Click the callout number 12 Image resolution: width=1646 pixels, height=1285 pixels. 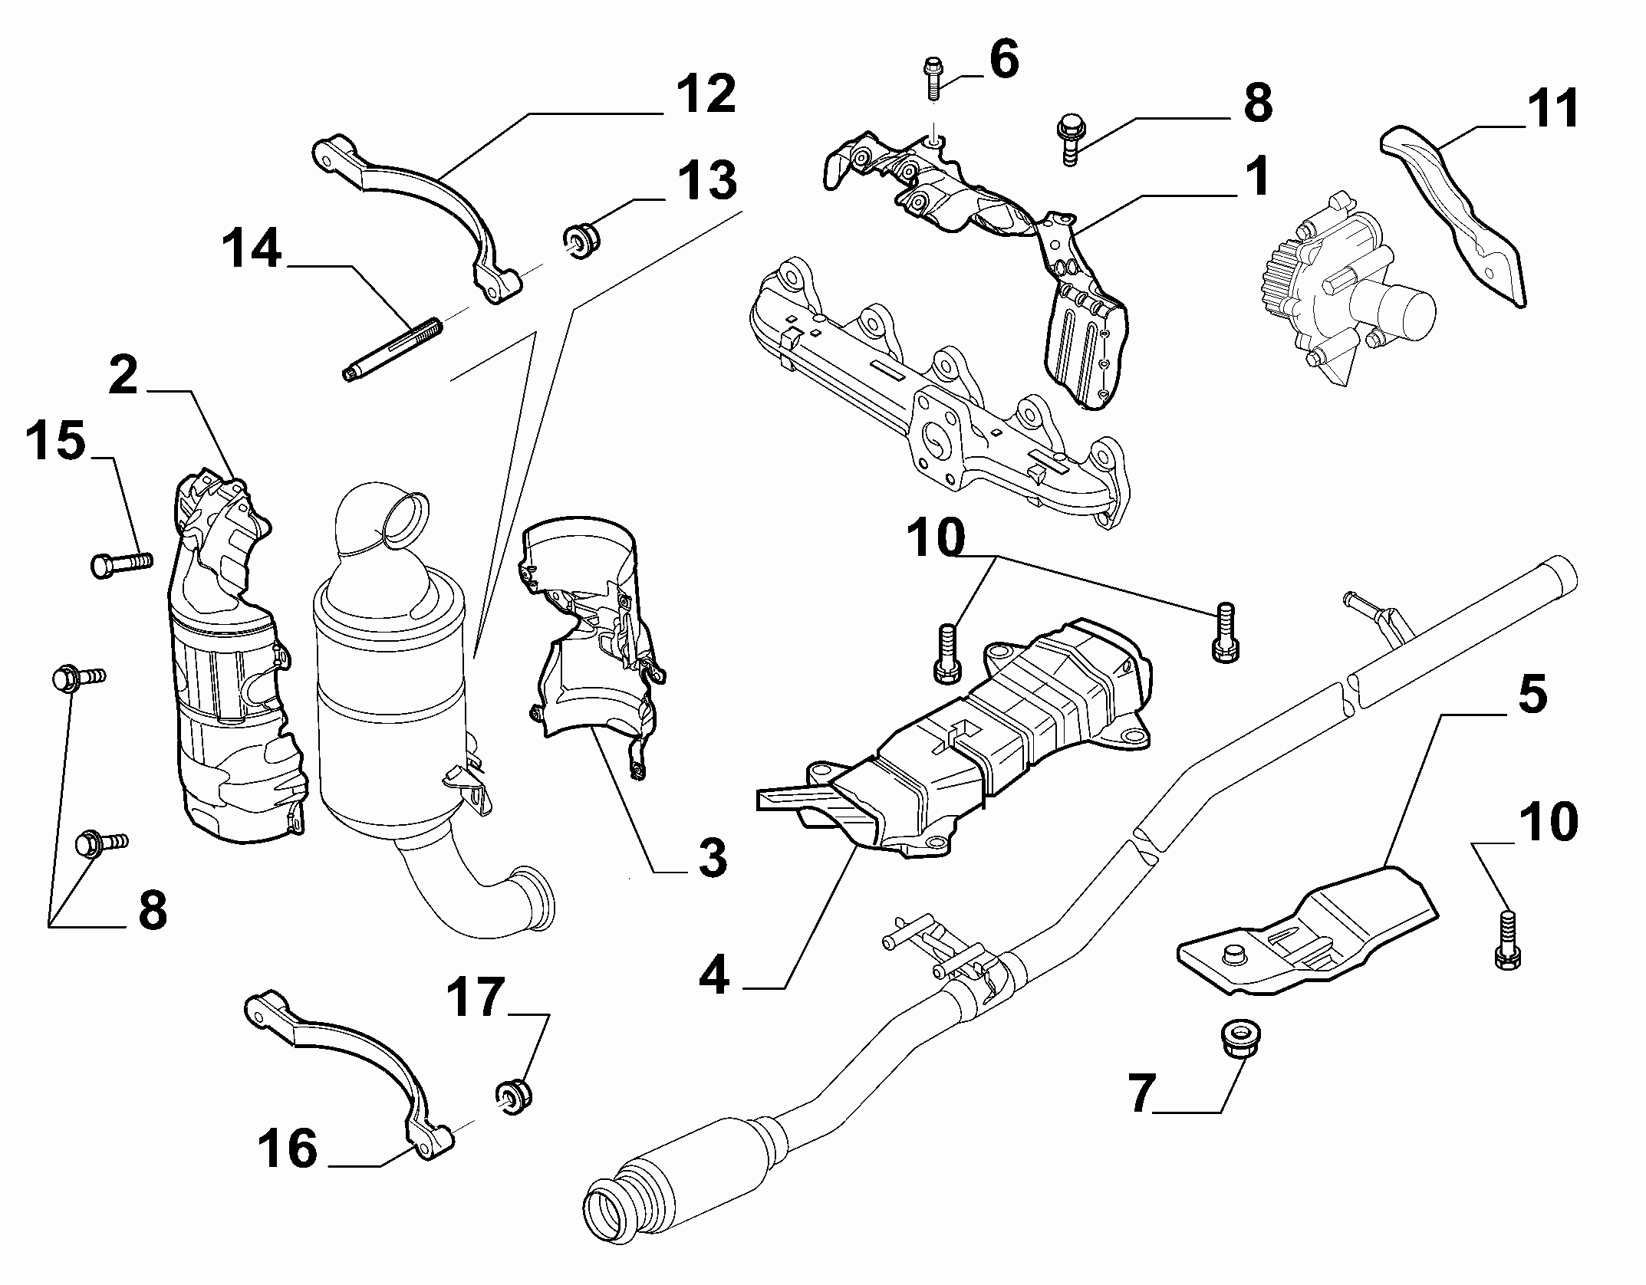click(706, 95)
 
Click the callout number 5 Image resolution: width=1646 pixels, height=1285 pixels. click(1532, 695)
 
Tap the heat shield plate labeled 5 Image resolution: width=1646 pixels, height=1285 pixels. click(1307, 936)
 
